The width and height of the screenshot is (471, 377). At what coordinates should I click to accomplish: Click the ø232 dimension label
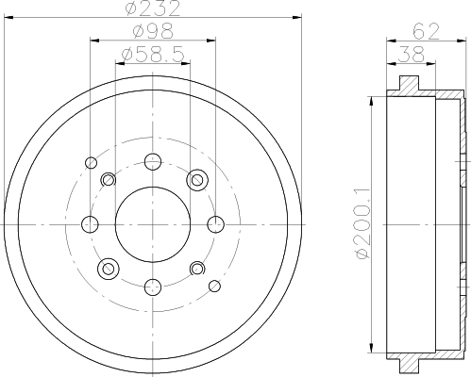coord(153,8)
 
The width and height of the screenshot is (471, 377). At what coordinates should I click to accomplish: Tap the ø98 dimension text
coord(153,31)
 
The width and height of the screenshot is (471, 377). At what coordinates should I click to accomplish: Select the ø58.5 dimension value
coord(153,55)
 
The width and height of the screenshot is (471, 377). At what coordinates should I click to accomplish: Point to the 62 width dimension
coord(426,32)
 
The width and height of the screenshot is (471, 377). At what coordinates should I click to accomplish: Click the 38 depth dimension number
coord(412,55)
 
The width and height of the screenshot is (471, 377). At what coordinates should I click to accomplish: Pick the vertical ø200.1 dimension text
coord(362,223)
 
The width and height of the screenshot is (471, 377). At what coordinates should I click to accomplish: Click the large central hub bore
coord(153,224)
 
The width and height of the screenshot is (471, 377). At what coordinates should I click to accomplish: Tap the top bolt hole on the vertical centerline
coord(153,162)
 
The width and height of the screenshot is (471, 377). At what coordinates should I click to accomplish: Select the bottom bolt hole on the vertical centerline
coord(153,287)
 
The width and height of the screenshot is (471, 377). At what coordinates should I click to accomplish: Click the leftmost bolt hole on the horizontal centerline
coord(90,224)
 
